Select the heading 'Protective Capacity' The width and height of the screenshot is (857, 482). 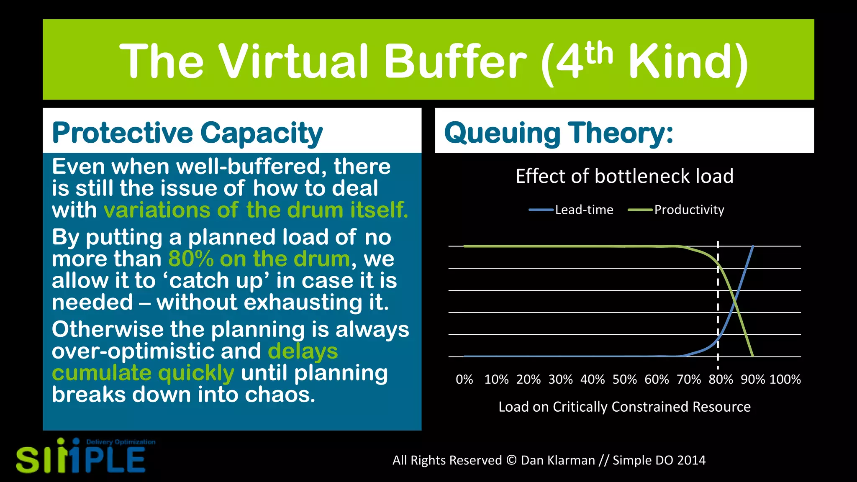187,133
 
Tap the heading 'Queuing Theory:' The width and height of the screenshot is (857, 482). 559,133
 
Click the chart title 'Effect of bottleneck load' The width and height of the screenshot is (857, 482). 624,176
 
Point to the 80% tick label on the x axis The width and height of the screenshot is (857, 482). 721,379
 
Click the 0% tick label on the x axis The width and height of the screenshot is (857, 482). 464,379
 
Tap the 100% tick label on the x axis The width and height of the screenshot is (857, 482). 785,379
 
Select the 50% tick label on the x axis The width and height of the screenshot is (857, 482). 624,379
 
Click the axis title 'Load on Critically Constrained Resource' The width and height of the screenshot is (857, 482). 624,407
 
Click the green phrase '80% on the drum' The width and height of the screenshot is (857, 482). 259,259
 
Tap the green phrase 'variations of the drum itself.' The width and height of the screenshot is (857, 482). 256,210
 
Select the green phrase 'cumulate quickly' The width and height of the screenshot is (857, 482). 143,373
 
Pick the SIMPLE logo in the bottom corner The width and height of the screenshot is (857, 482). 82,457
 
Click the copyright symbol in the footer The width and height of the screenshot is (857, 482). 511,460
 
